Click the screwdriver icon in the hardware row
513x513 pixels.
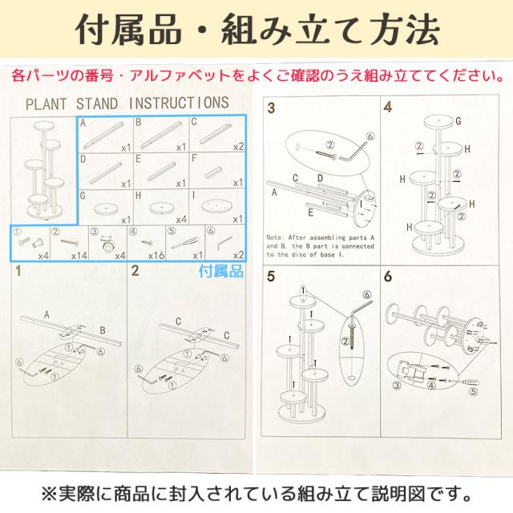pyautogui.click(x=182, y=243)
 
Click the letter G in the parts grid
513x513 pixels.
pyautogui.click(x=83, y=196)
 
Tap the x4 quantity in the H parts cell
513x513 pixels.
pyautogui.click(x=180, y=218)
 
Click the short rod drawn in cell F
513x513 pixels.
pyautogui.click(x=212, y=172)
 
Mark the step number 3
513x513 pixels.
pyautogui.click(x=271, y=108)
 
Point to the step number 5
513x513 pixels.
pyautogui.click(x=271, y=277)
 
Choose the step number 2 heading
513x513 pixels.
pyautogui.click(x=135, y=270)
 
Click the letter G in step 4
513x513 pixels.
pyautogui.click(x=458, y=121)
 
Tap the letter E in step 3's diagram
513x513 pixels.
pyautogui.click(x=309, y=213)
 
